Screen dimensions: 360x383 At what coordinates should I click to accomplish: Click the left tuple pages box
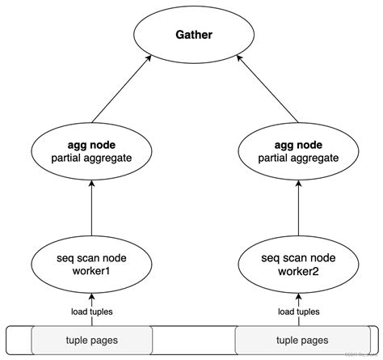point(91,341)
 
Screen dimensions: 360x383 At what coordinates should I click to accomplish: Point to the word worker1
point(91,270)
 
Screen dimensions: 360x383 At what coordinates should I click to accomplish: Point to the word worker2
point(297,270)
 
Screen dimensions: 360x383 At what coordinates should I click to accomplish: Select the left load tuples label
point(90,311)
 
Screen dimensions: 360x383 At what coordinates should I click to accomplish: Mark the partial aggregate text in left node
point(91,158)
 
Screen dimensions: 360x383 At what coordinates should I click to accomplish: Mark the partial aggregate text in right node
point(297,158)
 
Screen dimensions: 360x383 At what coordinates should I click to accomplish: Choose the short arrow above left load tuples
point(91,298)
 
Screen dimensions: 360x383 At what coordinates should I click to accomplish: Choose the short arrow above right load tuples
point(297,298)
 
